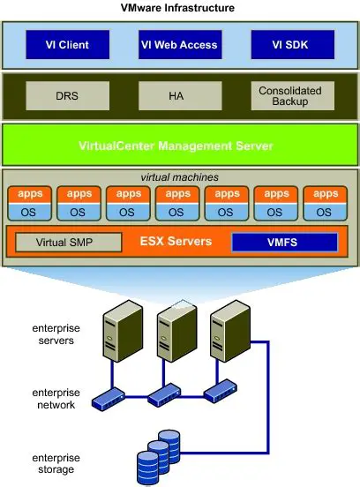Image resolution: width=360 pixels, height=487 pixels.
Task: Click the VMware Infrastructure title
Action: (x=180, y=7)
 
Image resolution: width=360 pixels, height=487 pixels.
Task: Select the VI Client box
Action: (x=68, y=44)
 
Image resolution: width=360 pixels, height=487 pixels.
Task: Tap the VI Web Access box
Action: (x=179, y=44)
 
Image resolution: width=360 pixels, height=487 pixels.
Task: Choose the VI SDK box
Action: (x=290, y=44)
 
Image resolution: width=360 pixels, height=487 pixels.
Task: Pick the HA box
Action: (x=175, y=96)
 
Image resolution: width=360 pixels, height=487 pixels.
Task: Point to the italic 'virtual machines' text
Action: (x=179, y=176)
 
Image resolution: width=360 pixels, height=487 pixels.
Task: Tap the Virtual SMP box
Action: (x=67, y=242)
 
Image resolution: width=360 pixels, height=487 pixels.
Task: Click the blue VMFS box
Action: (x=284, y=242)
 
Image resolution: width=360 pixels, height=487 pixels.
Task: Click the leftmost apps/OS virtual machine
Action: (x=28, y=204)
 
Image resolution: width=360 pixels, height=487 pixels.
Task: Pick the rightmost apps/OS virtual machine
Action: (x=325, y=204)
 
